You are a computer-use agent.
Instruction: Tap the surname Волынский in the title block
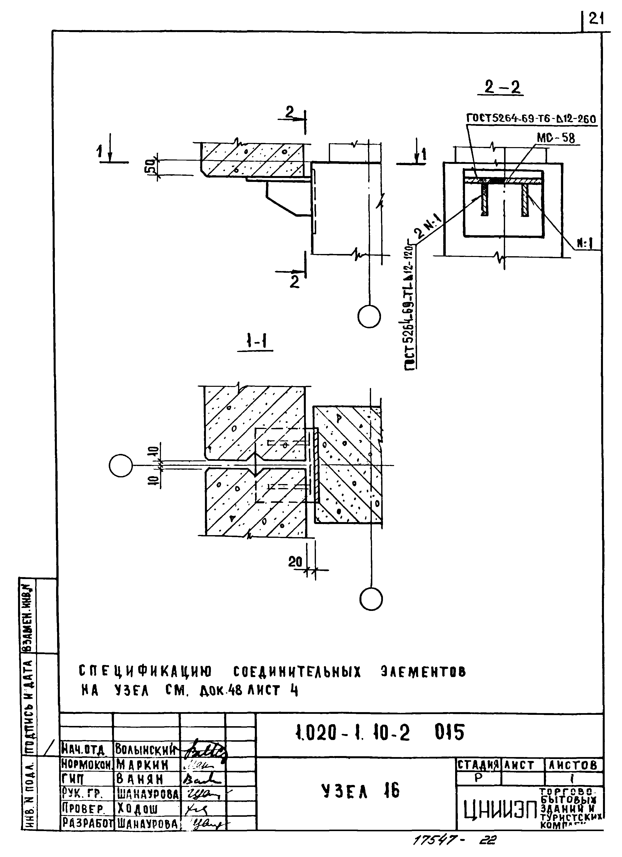(146, 750)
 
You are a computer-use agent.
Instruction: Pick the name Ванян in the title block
(140, 779)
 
